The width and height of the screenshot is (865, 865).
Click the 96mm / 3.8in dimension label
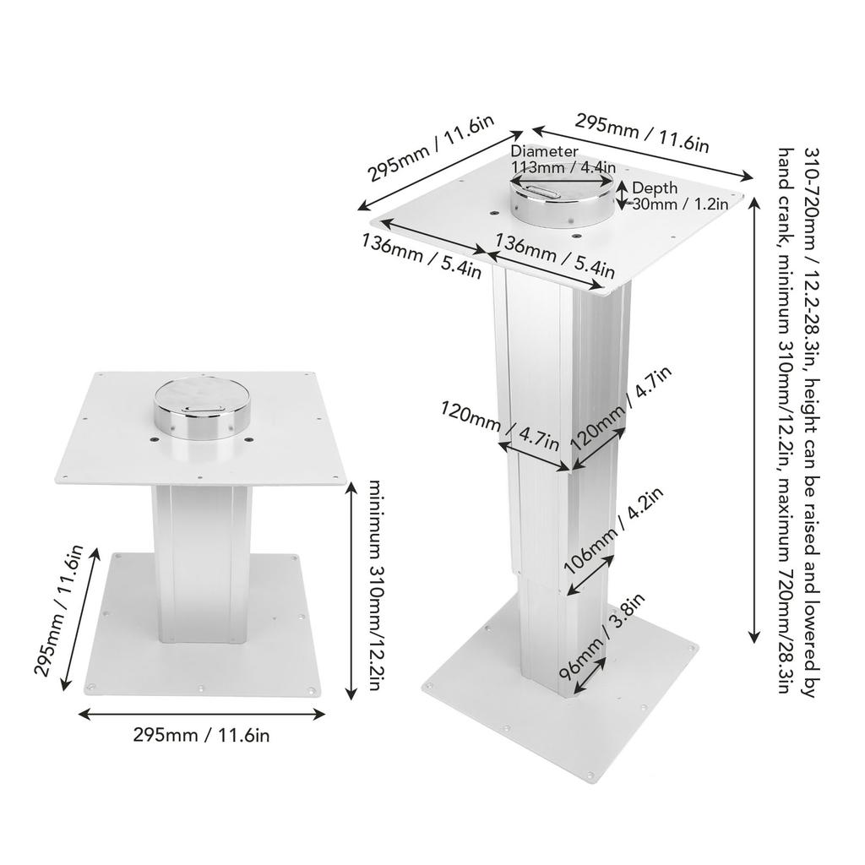601,634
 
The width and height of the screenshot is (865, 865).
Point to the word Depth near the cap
654,188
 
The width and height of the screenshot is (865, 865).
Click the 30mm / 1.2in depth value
681,204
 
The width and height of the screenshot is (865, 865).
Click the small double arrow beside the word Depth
623,194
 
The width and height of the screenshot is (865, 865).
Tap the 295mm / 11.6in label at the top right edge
642,133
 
